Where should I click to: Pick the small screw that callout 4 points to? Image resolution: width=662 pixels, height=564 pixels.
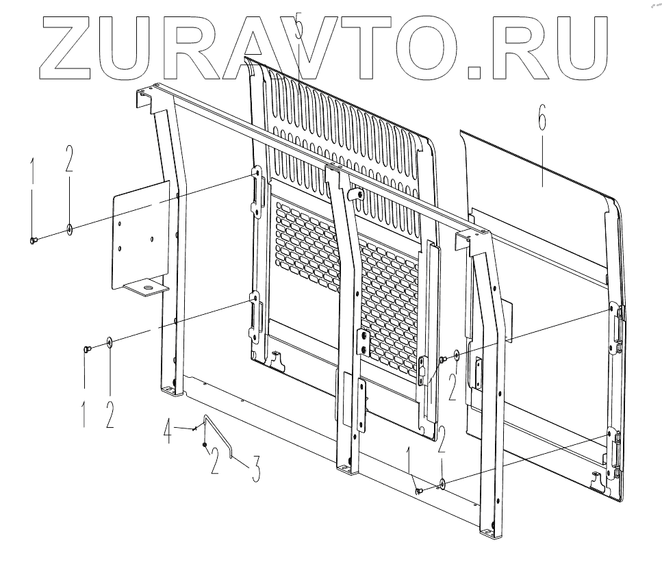(x=196, y=430)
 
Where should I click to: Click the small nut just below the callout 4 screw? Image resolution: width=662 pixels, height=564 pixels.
(x=204, y=444)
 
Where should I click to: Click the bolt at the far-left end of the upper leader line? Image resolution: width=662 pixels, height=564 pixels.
(x=34, y=240)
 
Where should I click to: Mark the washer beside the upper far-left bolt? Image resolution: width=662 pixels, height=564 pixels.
(x=71, y=228)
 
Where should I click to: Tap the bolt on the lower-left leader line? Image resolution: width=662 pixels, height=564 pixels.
(x=86, y=349)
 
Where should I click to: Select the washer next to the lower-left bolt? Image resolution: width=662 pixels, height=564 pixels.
(x=110, y=342)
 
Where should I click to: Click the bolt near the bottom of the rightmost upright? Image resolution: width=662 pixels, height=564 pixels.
(x=419, y=491)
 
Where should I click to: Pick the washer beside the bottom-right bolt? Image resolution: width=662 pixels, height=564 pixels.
(x=443, y=484)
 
